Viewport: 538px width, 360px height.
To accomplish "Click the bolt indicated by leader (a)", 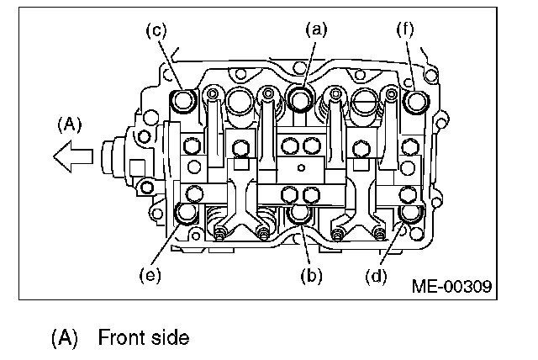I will pyautogui.click(x=301, y=99).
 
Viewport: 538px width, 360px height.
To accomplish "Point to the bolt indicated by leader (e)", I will pyautogui.click(x=184, y=214).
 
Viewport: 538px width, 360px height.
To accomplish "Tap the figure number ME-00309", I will pyautogui.click(x=451, y=286).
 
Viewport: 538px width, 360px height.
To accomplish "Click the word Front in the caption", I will pyautogui.click(x=120, y=337).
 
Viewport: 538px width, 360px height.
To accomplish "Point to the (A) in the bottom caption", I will pyautogui.click(x=65, y=338).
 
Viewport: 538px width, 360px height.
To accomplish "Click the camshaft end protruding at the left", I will pyautogui.click(x=112, y=158).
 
